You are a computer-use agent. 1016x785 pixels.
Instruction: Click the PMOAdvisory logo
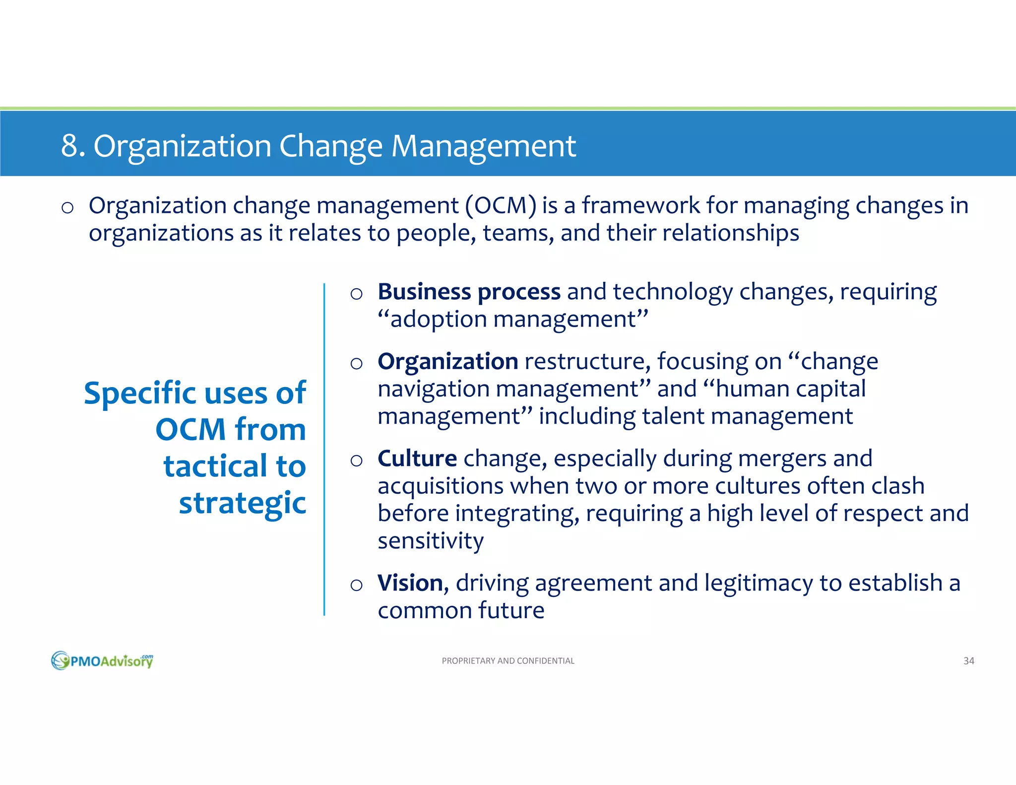click(x=102, y=660)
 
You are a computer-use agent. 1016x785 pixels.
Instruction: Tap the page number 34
click(x=968, y=661)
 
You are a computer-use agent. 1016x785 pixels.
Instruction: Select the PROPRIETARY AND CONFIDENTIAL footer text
click(x=508, y=661)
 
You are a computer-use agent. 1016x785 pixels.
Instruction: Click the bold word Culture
click(x=417, y=458)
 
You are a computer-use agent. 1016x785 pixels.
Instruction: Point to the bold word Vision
click(x=410, y=583)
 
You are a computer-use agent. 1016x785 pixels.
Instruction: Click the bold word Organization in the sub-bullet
click(x=447, y=362)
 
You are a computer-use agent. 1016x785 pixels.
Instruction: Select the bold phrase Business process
click(x=469, y=292)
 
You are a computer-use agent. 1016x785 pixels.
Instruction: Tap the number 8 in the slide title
click(x=69, y=146)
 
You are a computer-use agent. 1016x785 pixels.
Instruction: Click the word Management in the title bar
click(x=484, y=147)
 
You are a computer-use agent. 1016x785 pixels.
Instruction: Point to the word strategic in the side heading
click(x=242, y=504)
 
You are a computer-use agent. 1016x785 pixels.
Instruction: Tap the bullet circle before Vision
click(x=356, y=585)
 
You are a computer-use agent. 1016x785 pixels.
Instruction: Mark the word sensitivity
click(x=430, y=541)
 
